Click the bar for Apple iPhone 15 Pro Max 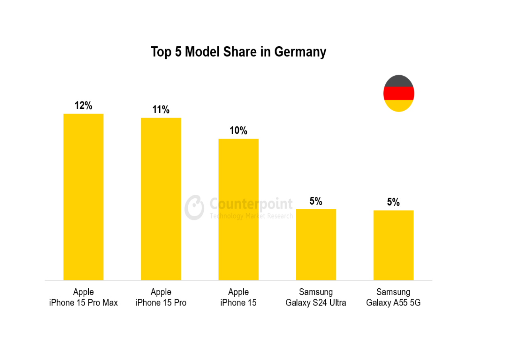pyautogui.click(x=84, y=197)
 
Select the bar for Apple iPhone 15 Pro pyautogui.click(x=161, y=199)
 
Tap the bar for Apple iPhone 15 pyautogui.click(x=238, y=209)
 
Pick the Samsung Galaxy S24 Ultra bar pyautogui.click(x=316, y=245)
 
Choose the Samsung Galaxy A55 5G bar pyautogui.click(x=393, y=245)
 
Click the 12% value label pyautogui.click(x=84, y=106)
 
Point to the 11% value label pyautogui.click(x=161, y=110)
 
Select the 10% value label pyautogui.click(x=238, y=131)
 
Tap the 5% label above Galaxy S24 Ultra pyautogui.click(x=316, y=201)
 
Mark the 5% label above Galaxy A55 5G pyautogui.click(x=393, y=202)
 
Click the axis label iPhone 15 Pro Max pyautogui.click(x=84, y=303)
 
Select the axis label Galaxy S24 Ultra pyautogui.click(x=316, y=303)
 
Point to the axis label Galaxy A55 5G pyautogui.click(x=393, y=303)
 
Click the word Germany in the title pyautogui.click(x=300, y=52)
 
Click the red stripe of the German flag pyautogui.click(x=399, y=94)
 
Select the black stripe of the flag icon pyautogui.click(x=399, y=81)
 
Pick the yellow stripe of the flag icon pyautogui.click(x=399, y=106)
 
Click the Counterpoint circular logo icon pyautogui.click(x=195, y=207)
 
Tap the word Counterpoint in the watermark pyautogui.click(x=251, y=204)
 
